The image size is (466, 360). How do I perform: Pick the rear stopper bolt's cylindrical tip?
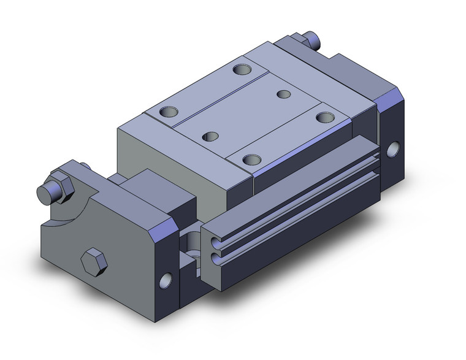click(x=316, y=42)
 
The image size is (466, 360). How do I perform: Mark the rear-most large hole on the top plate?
click(x=243, y=69)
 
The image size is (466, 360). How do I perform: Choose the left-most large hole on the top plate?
click(x=167, y=112)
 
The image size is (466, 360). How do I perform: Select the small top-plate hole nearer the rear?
click(x=283, y=94)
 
